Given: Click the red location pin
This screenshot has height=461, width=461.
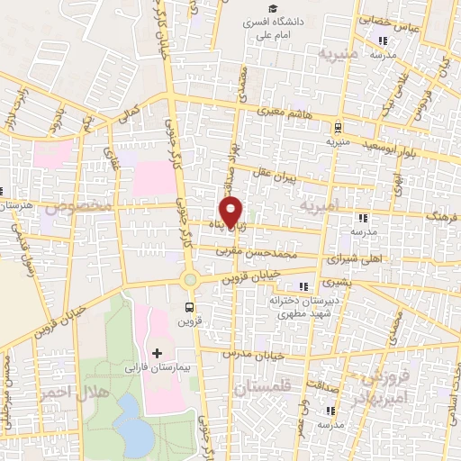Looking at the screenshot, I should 233,211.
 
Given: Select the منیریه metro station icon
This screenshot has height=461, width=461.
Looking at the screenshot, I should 338,127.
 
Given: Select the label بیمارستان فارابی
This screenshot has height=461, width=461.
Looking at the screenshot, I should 150,367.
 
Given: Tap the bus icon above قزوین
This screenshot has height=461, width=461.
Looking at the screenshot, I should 188,306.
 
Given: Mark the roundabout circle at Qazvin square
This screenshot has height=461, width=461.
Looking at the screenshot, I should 189,279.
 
